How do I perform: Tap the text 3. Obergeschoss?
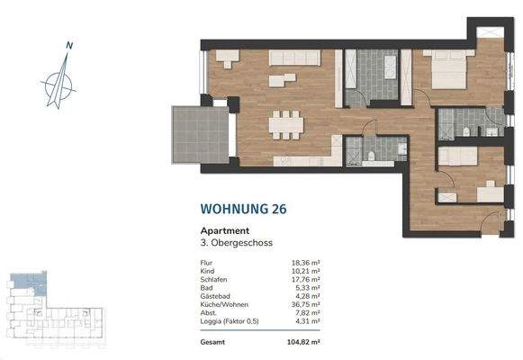(x=236, y=243)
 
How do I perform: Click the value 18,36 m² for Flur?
(x=309, y=264)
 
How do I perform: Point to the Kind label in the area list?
(x=207, y=271)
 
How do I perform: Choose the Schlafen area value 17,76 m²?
(x=309, y=279)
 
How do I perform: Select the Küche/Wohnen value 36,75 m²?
(x=309, y=302)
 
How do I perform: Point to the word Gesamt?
(x=212, y=343)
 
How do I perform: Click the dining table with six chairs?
(x=287, y=123)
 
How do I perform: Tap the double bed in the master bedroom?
(x=447, y=71)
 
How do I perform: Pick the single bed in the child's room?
(x=457, y=156)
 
